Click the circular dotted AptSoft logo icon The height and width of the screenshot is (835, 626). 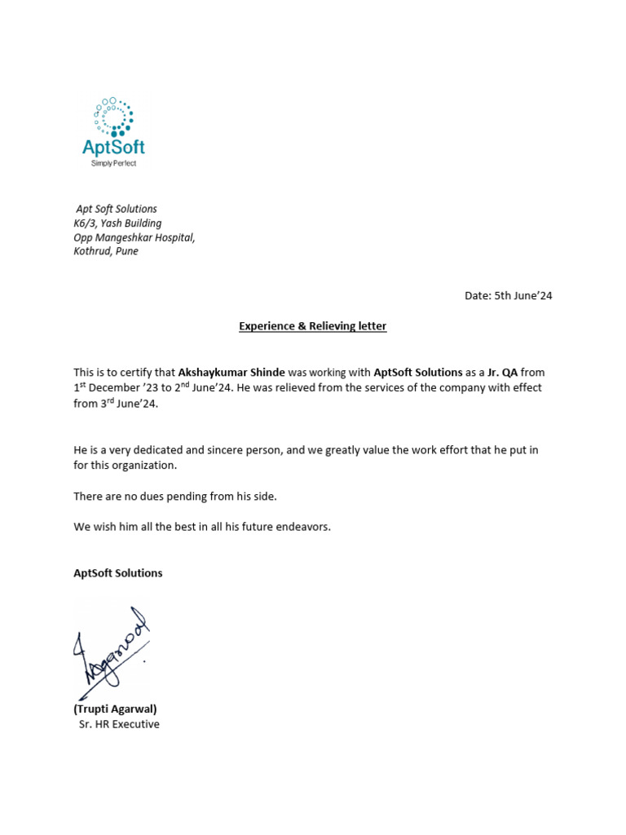tap(113, 117)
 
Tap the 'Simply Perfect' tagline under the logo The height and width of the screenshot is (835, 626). tap(113, 163)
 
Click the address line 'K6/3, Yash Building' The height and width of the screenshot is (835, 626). tap(117, 223)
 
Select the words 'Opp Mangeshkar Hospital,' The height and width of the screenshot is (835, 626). tap(134, 237)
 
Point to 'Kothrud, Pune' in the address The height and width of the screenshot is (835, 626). tap(106, 251)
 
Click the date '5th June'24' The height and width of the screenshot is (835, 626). tap(522, 296)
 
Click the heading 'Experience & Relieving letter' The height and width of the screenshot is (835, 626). tap(312, 326)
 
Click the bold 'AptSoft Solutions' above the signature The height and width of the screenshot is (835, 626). tap(118, 573)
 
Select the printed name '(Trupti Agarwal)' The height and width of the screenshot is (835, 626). tap(115, 709)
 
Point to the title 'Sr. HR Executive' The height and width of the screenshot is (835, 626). tap(119, 724)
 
